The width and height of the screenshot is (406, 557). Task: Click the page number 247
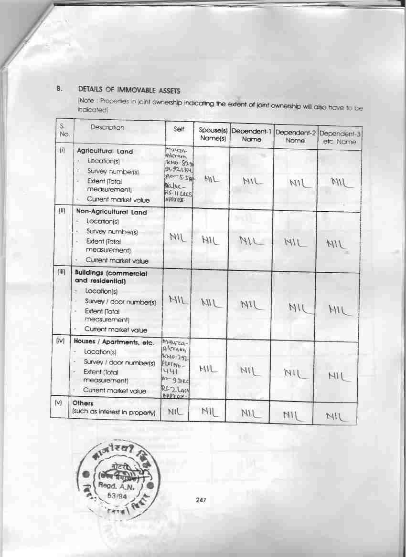coord(201,500)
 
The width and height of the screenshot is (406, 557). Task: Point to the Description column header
coord(107,127)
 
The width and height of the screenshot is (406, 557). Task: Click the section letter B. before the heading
coord(59,88)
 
